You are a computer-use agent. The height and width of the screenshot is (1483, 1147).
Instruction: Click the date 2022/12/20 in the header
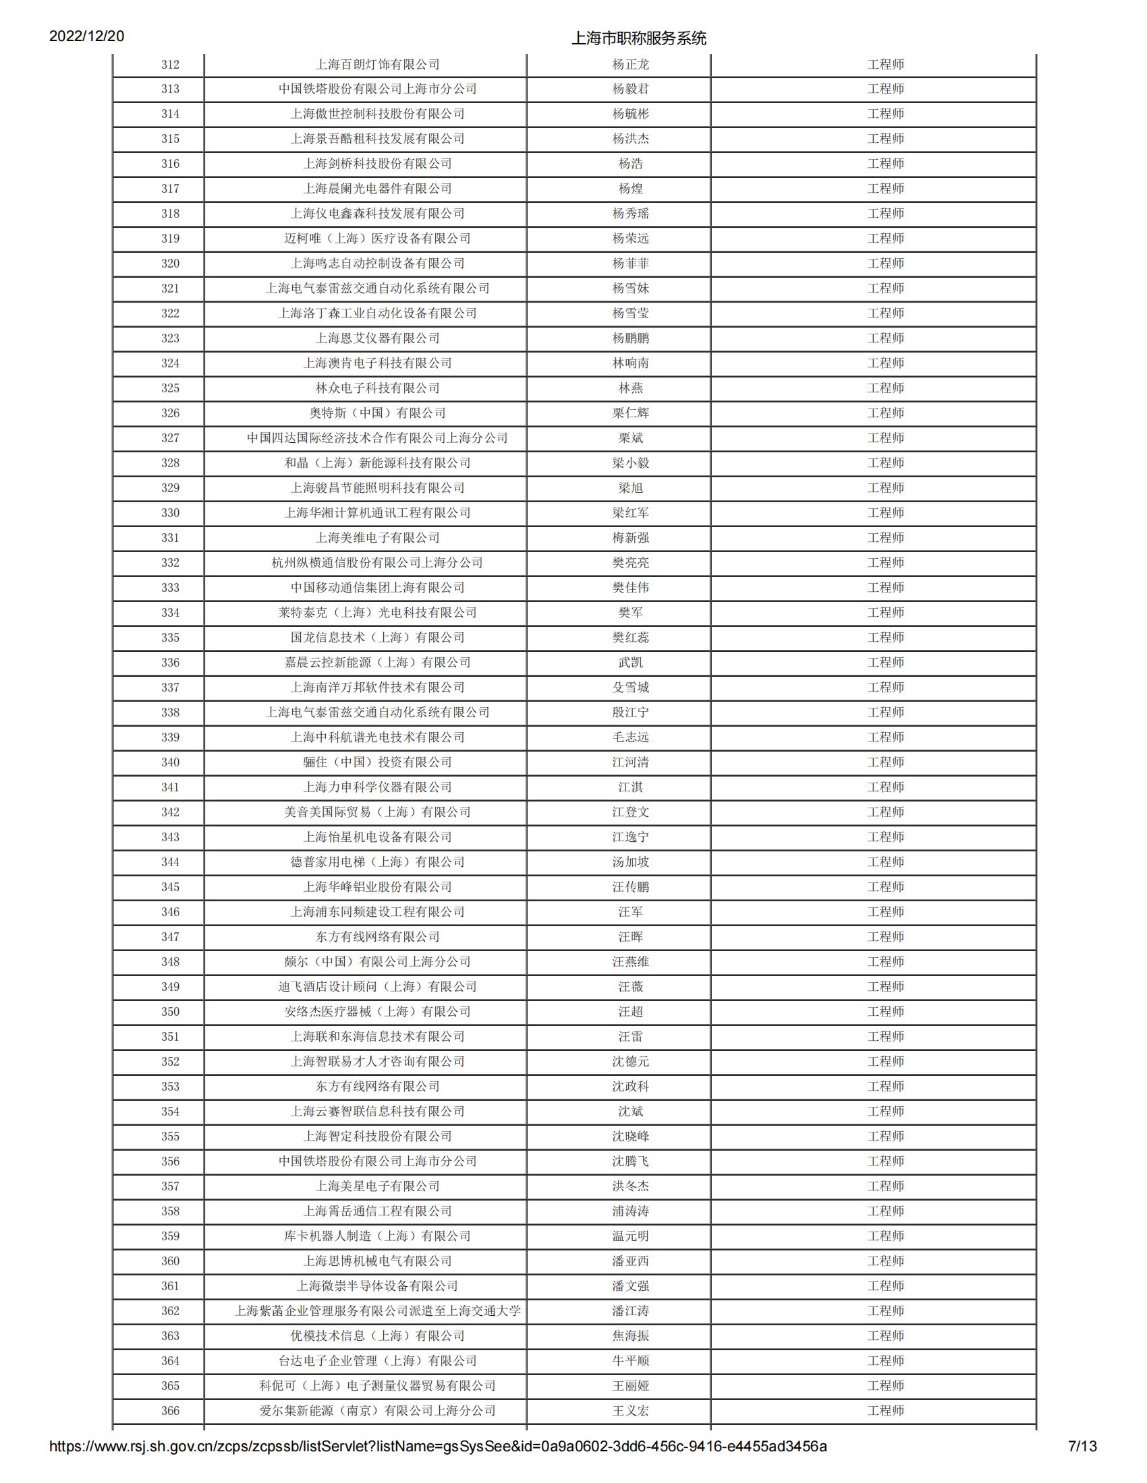pos(86,36)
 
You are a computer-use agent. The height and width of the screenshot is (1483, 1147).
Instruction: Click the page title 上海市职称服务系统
pos(638,38)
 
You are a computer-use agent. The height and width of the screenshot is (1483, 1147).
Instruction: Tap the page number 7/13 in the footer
pos(1082,1465)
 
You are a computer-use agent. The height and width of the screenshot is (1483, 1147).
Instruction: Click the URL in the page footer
pos(438,1465)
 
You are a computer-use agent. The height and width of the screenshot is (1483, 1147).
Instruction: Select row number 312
pos(170,65)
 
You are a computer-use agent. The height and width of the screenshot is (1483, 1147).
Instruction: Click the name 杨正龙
pos(630,65)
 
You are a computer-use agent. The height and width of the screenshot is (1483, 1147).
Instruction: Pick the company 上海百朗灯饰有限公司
pos(377,65)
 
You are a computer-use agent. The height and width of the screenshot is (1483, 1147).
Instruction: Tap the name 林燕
pos(630,388)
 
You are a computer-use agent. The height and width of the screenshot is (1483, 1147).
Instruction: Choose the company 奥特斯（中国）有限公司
pos(377,413)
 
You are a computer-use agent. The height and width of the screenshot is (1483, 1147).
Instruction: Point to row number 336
pos(170,663)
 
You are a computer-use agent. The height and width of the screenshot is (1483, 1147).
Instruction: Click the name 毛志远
pos(630,737)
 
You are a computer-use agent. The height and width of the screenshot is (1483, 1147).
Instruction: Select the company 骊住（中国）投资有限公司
pos(377,762)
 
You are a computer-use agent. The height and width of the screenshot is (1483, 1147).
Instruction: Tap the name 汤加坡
pos(630,862)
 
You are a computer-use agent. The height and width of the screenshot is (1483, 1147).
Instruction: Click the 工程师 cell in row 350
pos(885,1012)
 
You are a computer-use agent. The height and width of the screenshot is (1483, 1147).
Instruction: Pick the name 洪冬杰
pos(630,1186)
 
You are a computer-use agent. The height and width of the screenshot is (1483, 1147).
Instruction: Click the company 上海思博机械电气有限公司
pos(377,1261)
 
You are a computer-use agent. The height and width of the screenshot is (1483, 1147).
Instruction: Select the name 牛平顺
pos(630,1361)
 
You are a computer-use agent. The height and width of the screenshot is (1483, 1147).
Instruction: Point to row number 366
pos(170,1410)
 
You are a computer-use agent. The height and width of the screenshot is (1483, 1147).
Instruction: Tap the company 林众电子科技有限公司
pos(377,388)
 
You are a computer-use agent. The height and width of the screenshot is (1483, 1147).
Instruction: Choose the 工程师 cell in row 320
pos(885,264)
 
